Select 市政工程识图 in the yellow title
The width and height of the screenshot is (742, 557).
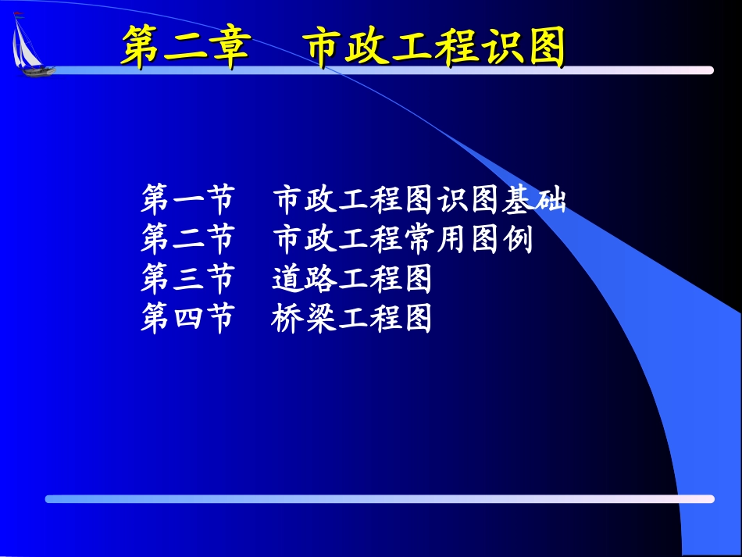coord(436,48)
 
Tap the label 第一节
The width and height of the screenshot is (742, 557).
coord(187,200)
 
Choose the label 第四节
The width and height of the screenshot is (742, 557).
coord(187,319)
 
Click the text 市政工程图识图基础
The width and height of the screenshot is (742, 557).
coord(419,200)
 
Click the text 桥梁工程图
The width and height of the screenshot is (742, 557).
coord(352,319)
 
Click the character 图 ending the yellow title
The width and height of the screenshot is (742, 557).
coord(544,48)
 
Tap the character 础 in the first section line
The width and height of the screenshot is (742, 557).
coord(551,200)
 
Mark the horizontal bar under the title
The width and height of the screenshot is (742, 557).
coord(383,70)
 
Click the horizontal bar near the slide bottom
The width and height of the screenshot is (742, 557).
coord(380,498)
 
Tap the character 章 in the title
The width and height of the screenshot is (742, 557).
coord(229,48)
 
